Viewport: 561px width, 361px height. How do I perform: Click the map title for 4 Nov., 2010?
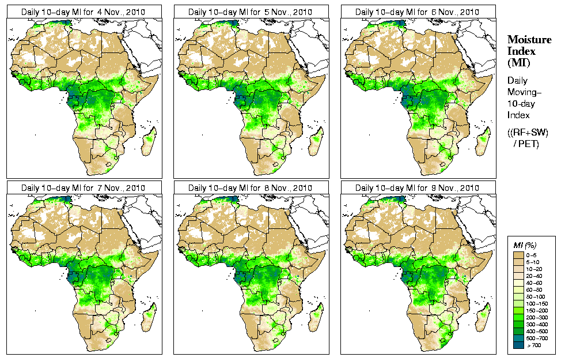pos(82,12)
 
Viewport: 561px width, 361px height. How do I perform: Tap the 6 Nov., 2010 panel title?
pos(416,12)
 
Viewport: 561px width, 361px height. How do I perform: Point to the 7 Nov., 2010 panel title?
pos(82,188)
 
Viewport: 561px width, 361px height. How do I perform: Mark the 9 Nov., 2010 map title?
pos(416,188)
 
